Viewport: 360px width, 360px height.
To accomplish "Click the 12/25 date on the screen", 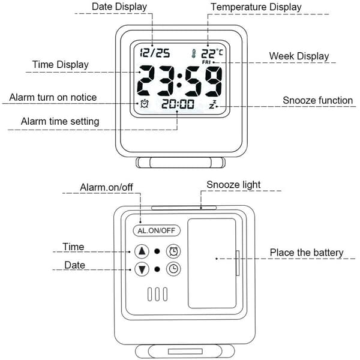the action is click(x=155, y=53).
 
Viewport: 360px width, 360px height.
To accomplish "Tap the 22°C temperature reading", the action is click(x=212, y=53).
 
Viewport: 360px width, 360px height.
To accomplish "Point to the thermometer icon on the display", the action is click(x=194, y=53).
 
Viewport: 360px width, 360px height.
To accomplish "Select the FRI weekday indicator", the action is click(x=206, y=62).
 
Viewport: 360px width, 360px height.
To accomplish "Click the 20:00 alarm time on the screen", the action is click(x=178, y=104).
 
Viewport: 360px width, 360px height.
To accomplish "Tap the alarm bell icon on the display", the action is click(x=145, y=104).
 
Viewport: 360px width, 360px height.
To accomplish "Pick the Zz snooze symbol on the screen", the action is click(x=212, y=104).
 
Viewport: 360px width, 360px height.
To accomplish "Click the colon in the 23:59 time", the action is click(x=179, y=80).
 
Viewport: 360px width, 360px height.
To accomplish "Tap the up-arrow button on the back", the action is click(x=142, y=251).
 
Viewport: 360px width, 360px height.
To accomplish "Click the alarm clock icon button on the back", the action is click(x=173, y=251).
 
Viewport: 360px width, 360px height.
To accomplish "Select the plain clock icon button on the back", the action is click(x=173, y=269).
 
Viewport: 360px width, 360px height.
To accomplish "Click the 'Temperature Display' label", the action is click(x=256, y=7).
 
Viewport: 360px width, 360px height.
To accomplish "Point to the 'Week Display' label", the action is click(x=299, y=56).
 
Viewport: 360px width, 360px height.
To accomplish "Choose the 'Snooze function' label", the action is click(x=318, y=100).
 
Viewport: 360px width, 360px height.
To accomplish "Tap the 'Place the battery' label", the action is click(x=307, y=253).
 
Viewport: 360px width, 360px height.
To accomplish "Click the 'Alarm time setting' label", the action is click(x=60, y=121).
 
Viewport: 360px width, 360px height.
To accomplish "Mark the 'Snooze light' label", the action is click(x=233, y=185).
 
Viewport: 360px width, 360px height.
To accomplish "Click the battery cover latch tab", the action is click(x=238, y=263).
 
